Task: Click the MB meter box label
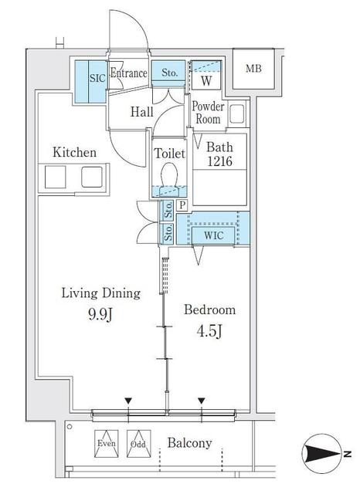pyautogui.click(x=253, y=69)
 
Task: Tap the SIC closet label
pyautogui.click(x=97, y=78)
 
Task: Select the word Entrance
pyautogui.click(x=128, y=73)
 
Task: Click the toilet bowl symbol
pyautogui.click(x=170, y=177)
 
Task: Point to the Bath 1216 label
pyautogui.click(x=219, y=154)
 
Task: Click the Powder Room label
pyautogui.click(x=208, y=113)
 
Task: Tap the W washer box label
pyautogui.click(x=206, y=81)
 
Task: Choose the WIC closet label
pyautogui.click(x=213, y=235)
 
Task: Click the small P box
pyautogui.click(x=182, y=206)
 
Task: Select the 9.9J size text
pyautogui.click(x=100, y=314)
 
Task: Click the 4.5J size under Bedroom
pyautogui.click(x=209, y=331)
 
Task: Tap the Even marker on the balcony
pyautogui.click(x=107, y=444)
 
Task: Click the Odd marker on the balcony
pyautogui.click(x=139, y=444)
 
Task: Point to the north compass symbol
pyautogui.click(x=322, y=454)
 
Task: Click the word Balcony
pyautogui.click(x=189, y=443)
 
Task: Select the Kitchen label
pyautogui.click(x=74, y=153)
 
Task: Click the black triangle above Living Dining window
pyautogui.click(x=128, y=401)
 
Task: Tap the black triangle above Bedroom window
pyautogui.click(x=202, y=401)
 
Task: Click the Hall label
pyautogui.click(x=142, y=111)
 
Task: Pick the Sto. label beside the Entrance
pyautogui.click(x=169, y=73)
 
